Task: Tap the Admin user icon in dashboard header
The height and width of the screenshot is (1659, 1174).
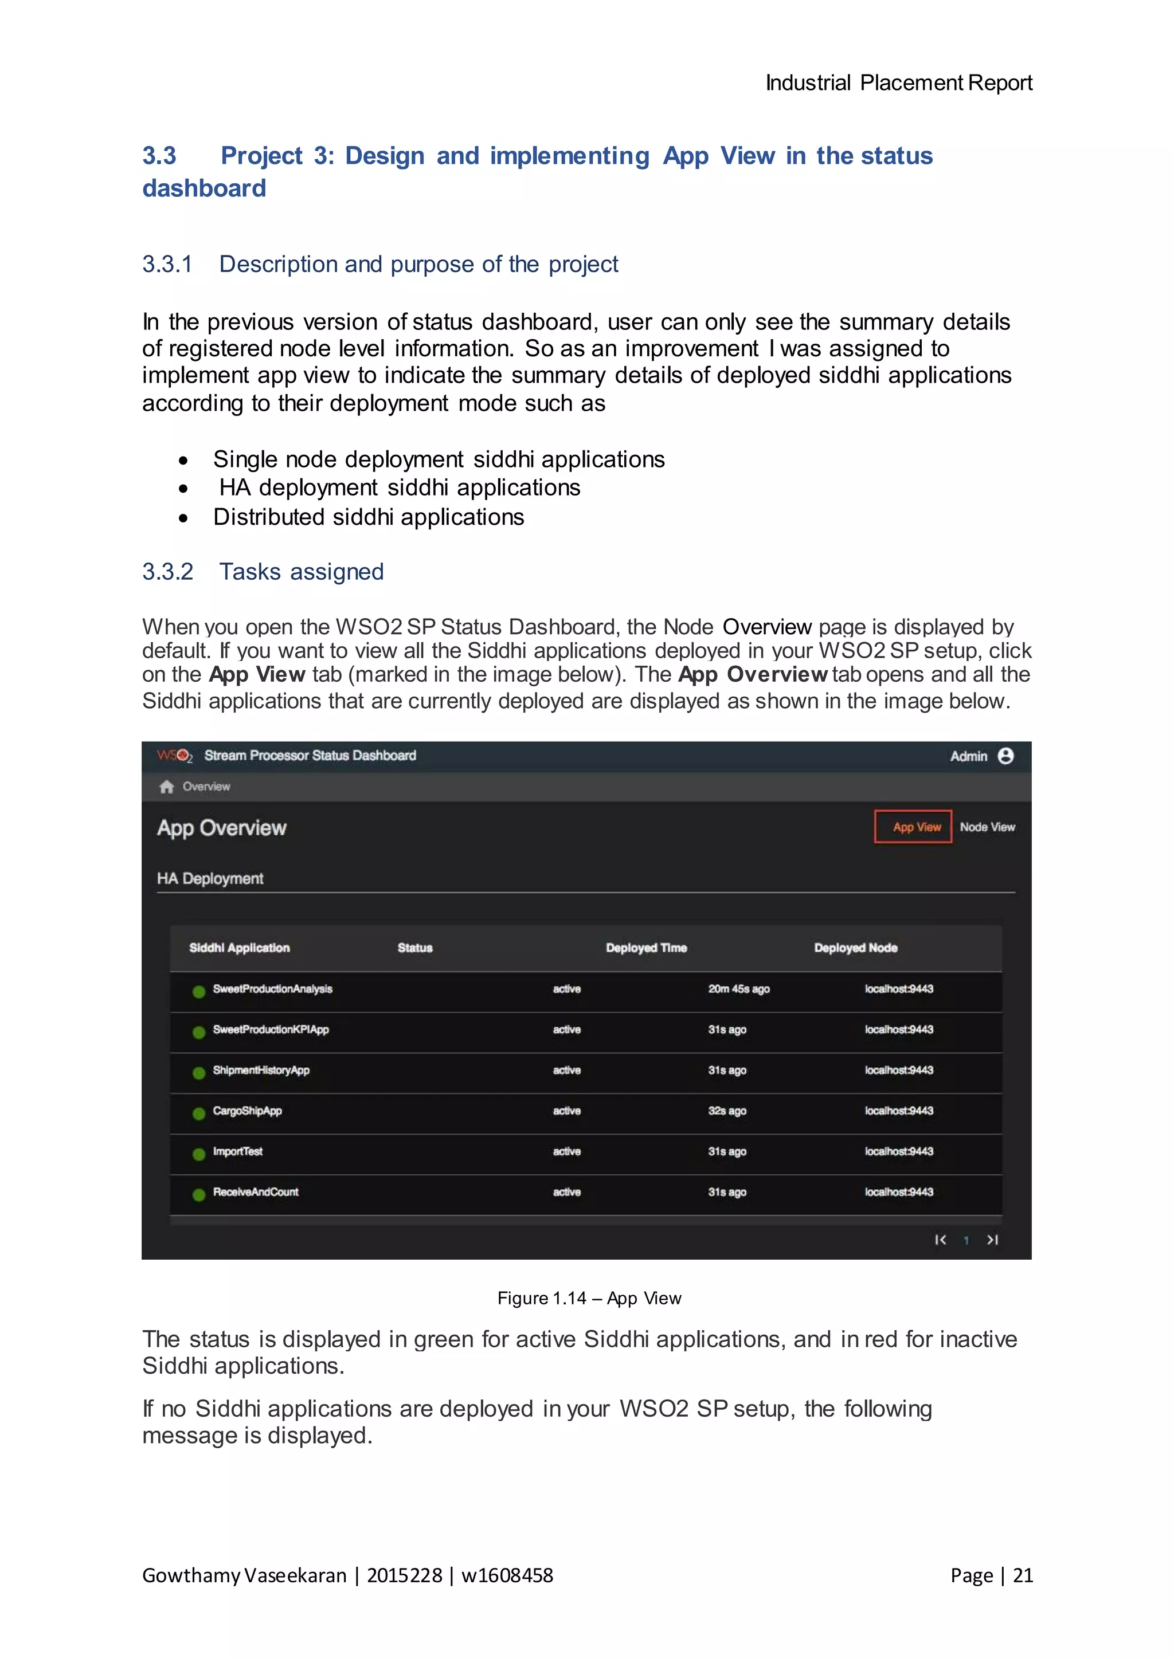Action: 1005,756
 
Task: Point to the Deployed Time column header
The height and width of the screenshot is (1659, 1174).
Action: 645,948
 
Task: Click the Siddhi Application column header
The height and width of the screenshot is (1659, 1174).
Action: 239,948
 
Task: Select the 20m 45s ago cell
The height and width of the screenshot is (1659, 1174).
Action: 738,988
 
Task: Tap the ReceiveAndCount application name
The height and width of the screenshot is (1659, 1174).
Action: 255,1192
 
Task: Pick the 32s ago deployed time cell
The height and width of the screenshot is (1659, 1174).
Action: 726,1111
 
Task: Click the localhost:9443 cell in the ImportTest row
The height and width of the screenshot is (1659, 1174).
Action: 899,1151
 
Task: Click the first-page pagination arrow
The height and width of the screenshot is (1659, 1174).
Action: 940,1240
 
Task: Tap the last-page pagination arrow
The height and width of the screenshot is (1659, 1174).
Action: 992,1240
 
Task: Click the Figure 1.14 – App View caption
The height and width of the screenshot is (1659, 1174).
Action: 589,1299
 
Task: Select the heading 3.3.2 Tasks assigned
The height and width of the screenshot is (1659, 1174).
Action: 263,572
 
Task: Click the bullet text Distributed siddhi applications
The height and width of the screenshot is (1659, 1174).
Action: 368,517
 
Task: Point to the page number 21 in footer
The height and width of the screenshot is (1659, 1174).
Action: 1022,1575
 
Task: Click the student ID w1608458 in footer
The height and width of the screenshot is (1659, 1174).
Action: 507,1575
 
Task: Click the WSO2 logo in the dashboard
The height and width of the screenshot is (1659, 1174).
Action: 174,756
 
